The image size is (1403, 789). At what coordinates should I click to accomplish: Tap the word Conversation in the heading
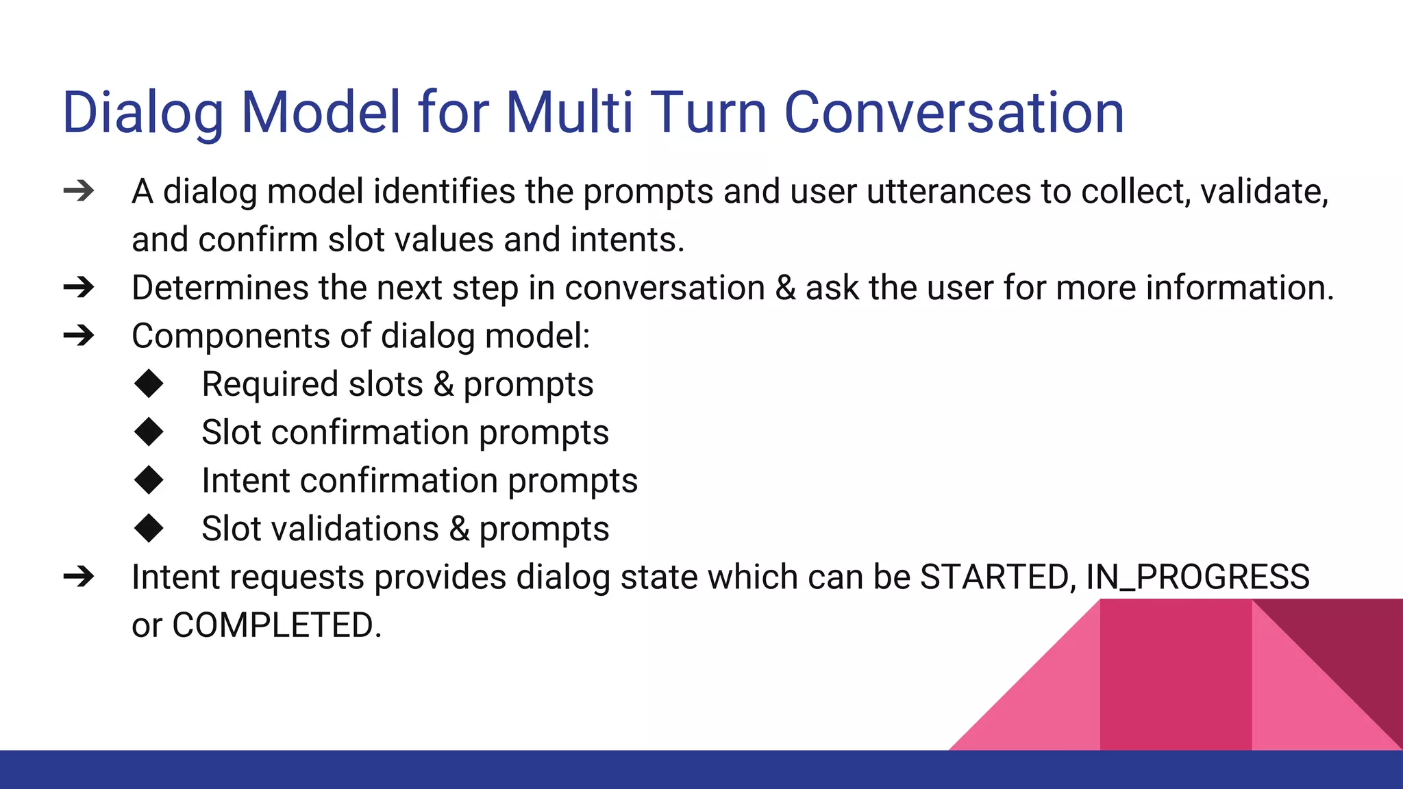coord(954,112)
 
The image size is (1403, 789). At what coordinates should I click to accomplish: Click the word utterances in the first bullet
coord(948,191)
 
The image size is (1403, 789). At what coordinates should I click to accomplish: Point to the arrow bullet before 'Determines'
coord(79,288)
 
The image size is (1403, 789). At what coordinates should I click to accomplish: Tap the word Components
coord(232,336)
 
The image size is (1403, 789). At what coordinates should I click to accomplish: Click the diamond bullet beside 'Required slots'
coord(149,384)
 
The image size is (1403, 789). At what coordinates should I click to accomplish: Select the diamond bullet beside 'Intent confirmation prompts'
coord(149,480)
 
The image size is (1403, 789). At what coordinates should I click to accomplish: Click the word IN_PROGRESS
coord(1197,577)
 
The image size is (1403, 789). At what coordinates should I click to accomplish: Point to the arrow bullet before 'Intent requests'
coord(79,577)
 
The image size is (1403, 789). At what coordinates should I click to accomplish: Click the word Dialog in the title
coord(143,112)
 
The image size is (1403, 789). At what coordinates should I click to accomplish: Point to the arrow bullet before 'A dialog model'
coord(79,191)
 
